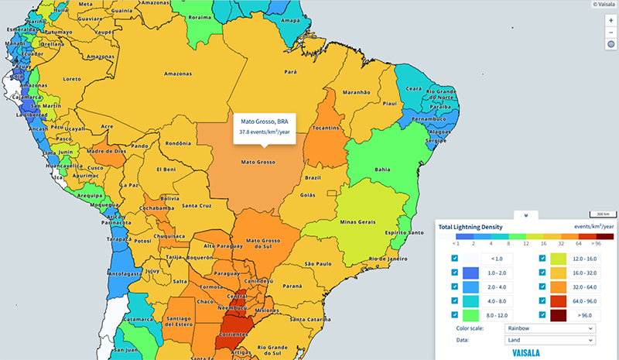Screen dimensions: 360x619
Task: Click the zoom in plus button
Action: click(610, 20)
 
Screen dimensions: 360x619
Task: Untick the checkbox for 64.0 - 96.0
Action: click(543, 300)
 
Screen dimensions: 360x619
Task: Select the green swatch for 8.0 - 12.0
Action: click(470, 315)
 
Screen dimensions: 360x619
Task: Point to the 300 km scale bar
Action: click(600, 214)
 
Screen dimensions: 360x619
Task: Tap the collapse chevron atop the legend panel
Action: click(525, 215)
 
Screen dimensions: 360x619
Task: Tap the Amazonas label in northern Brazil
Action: click(177, 74)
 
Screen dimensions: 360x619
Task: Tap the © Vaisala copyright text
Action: click(601, 4)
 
